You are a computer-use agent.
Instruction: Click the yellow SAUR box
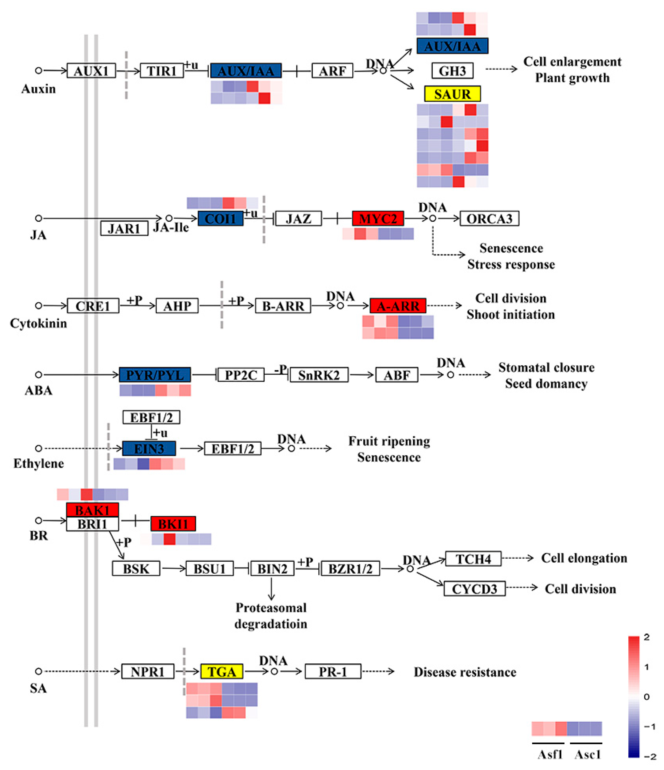pos(452,94)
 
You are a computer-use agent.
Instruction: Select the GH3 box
pos(452,71)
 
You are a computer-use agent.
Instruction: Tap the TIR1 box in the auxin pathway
pos(162,71)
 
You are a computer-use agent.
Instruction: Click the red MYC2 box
pos(378,218)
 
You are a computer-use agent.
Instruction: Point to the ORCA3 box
pos(489,218)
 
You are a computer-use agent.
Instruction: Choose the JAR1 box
pos(124,228)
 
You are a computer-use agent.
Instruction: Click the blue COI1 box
pos(220,218)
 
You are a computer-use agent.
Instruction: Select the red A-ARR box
pos(398,306)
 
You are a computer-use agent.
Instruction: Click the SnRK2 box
pos(319,375)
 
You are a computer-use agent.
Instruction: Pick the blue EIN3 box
pos(149,448)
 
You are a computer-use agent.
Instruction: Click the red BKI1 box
pos(173,524)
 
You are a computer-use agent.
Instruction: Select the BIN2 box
pos(272,569)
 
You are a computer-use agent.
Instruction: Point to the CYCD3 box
pos(474,589)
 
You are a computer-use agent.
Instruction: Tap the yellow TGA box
pos(222,671)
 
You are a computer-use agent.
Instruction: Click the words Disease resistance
pos(465,672)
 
